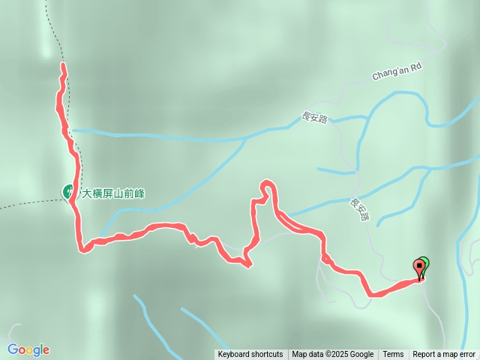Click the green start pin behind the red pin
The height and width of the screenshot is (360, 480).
point(424,263)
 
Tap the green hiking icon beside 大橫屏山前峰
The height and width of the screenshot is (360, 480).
point(68,193)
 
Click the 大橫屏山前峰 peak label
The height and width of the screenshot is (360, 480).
point(112,193)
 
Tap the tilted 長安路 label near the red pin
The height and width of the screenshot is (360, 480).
point(361,208)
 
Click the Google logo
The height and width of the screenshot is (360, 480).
point(28,349)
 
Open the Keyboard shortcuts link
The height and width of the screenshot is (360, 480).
point(250,355)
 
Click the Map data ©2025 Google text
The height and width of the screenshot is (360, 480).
point(332,355)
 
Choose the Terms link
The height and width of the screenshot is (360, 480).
point(393,355)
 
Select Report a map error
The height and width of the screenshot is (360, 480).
point(443,355)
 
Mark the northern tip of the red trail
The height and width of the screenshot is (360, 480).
point(63,66)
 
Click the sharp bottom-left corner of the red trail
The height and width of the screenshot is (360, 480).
point(80,248)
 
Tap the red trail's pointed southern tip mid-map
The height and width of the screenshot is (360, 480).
point(247,264)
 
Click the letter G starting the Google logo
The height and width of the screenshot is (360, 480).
point(13,349)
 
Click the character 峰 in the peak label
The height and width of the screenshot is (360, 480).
point(140,193)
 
